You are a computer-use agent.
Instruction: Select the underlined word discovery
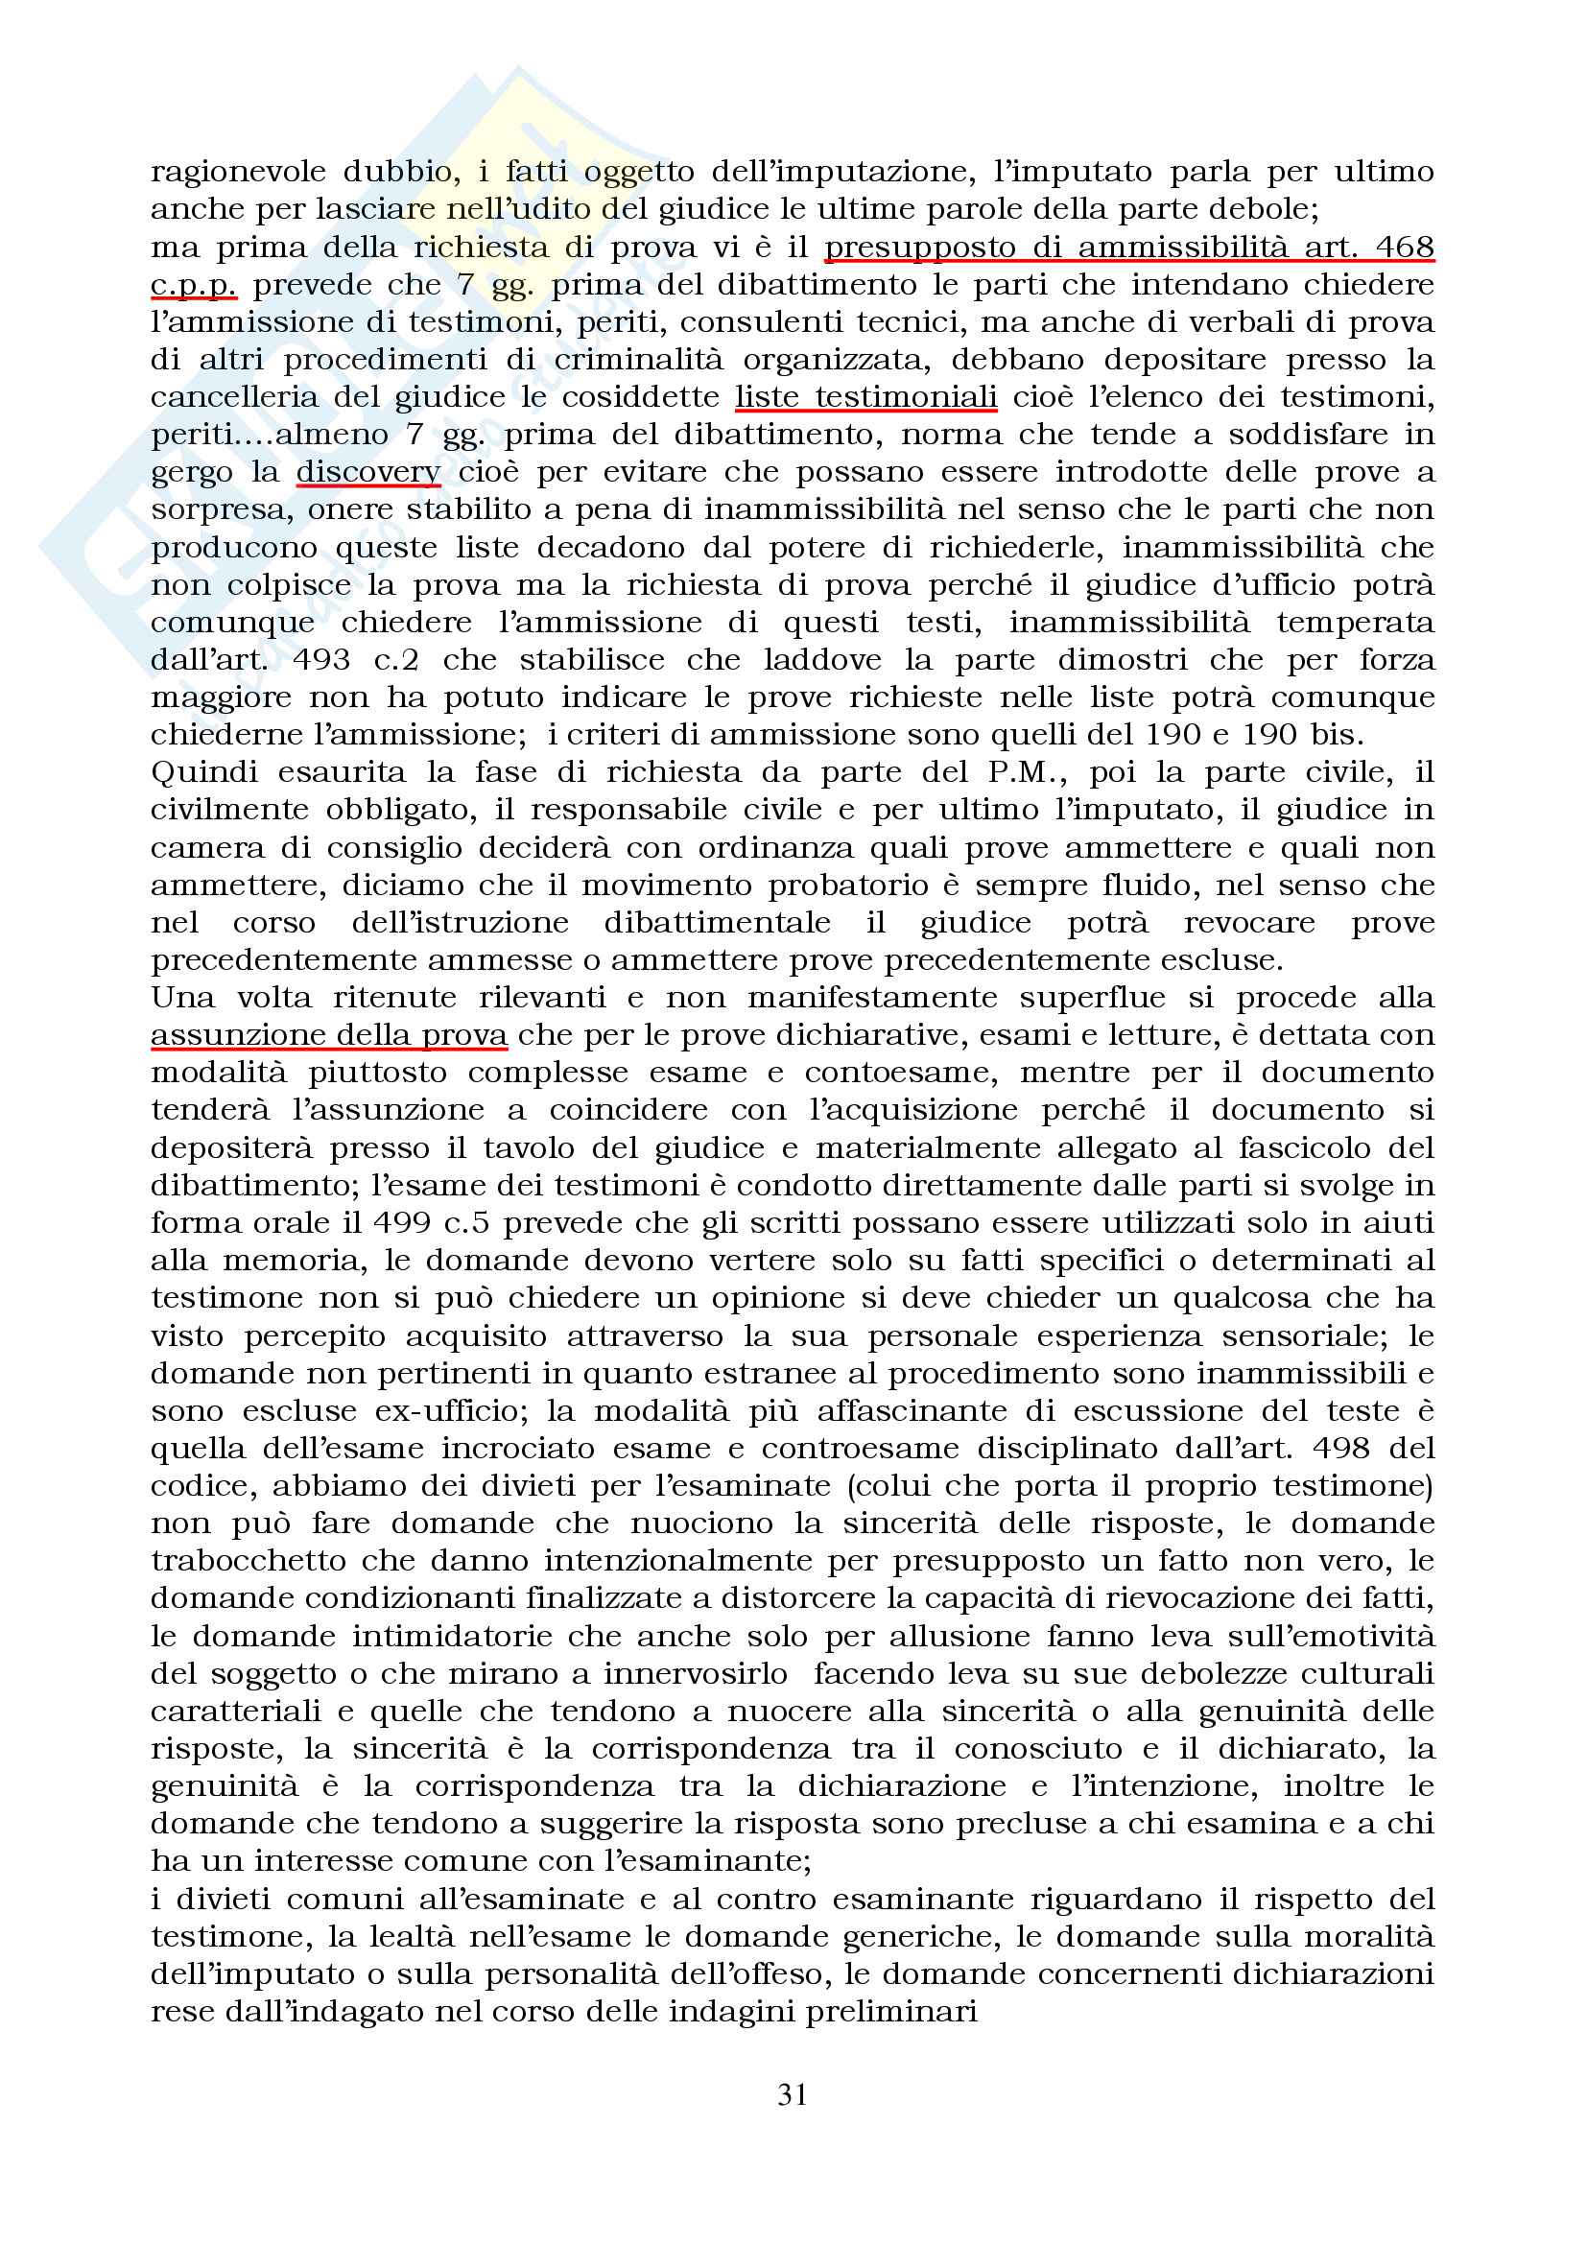(x=368, y=472)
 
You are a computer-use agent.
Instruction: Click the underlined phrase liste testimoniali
(x=865, y=397)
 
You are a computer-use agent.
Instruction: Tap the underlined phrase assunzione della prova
(x=329, y=1035)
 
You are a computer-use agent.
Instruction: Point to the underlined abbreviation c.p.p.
(x=194, y=285)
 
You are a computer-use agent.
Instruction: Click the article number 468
(x=1405, y=248)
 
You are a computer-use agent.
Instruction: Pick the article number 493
(x=320, y=660)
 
